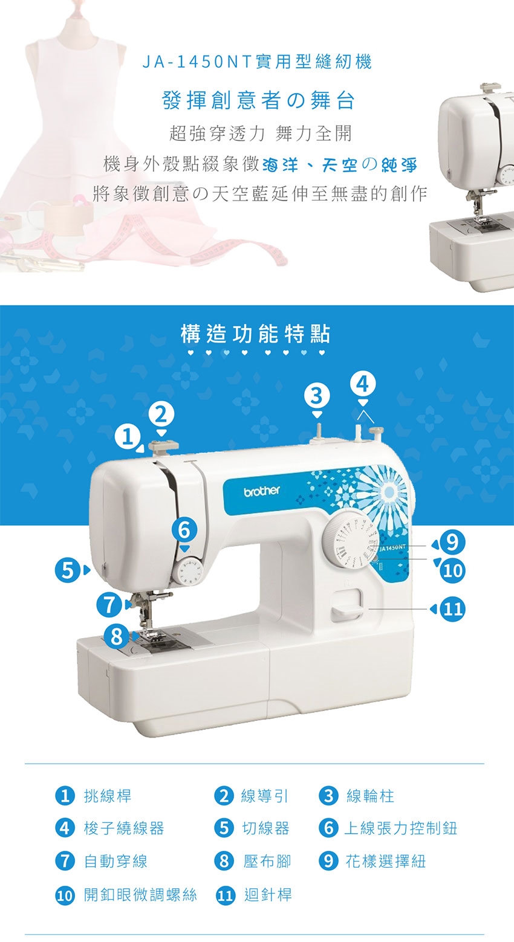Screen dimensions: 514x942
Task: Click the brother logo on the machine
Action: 262,491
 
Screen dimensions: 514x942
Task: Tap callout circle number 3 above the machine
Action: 316,396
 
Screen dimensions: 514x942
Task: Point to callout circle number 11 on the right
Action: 453,608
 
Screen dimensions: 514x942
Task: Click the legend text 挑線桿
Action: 108,796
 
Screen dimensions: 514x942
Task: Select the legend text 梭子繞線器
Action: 124,828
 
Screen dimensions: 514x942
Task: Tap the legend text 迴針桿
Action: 268,894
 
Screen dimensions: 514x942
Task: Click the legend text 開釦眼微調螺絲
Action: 140,894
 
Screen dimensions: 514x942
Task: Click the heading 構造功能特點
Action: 256,334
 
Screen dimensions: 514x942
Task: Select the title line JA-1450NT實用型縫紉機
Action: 257,62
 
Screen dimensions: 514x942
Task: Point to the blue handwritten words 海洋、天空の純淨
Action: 339,166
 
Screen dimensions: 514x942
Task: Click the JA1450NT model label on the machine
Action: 392,547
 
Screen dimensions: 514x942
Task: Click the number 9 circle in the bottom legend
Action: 329,861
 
